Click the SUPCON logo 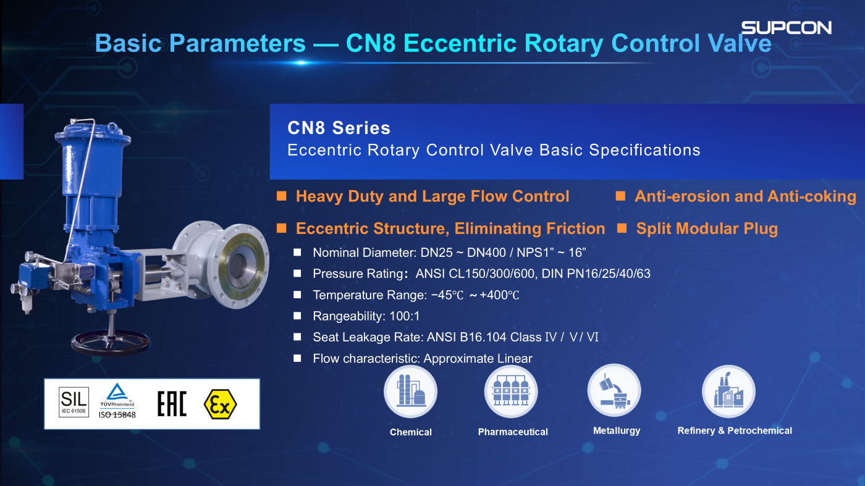click(786, 28)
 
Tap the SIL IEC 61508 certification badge click(74, 402)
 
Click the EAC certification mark click(172, 404)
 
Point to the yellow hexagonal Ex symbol click(220, 404)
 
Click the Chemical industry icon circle click(410, 392)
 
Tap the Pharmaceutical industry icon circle click(511, 392)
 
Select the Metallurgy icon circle click(614, 391)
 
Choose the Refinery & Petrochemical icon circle click(728, 392)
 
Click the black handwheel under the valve click(111, 343)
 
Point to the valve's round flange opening click(239, 266)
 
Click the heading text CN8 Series click(339, 128)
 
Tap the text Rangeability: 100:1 click(366, 316)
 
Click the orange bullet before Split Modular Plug click(622, 228)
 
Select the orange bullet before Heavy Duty click(282, 196)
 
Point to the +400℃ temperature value click(499, 295)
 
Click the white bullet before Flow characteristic click(297, 358)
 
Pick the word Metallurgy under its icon click(617, 431)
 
